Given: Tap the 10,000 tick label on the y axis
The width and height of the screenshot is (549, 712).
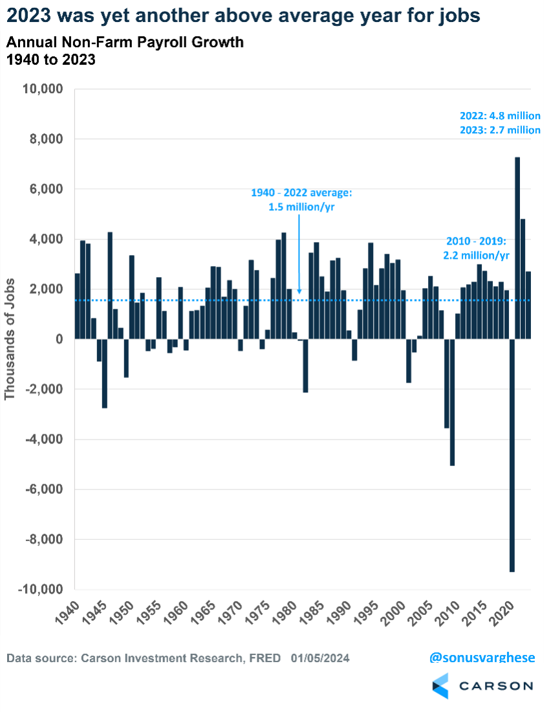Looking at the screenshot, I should pos(42,89).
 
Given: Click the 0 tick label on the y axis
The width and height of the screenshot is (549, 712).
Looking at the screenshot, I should pos(58,339).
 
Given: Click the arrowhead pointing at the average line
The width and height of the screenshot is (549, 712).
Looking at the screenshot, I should pos(299,293).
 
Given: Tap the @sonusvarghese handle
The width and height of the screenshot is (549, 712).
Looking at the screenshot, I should pos(482,658).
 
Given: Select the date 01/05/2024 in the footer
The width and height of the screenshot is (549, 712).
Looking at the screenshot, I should pos(320,658).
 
